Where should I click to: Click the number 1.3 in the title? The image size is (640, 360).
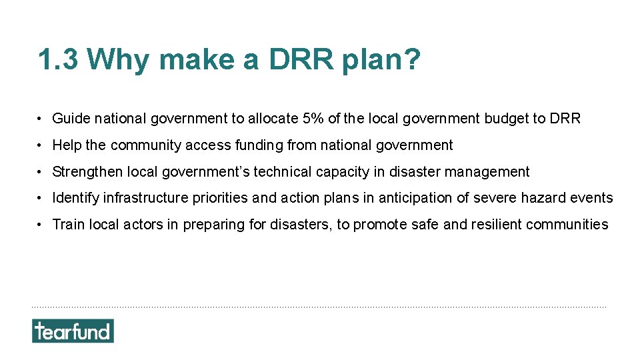58,60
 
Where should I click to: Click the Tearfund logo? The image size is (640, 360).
73,331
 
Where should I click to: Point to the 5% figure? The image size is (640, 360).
314,119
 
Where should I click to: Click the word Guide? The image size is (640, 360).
71,119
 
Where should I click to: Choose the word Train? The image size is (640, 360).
69,225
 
